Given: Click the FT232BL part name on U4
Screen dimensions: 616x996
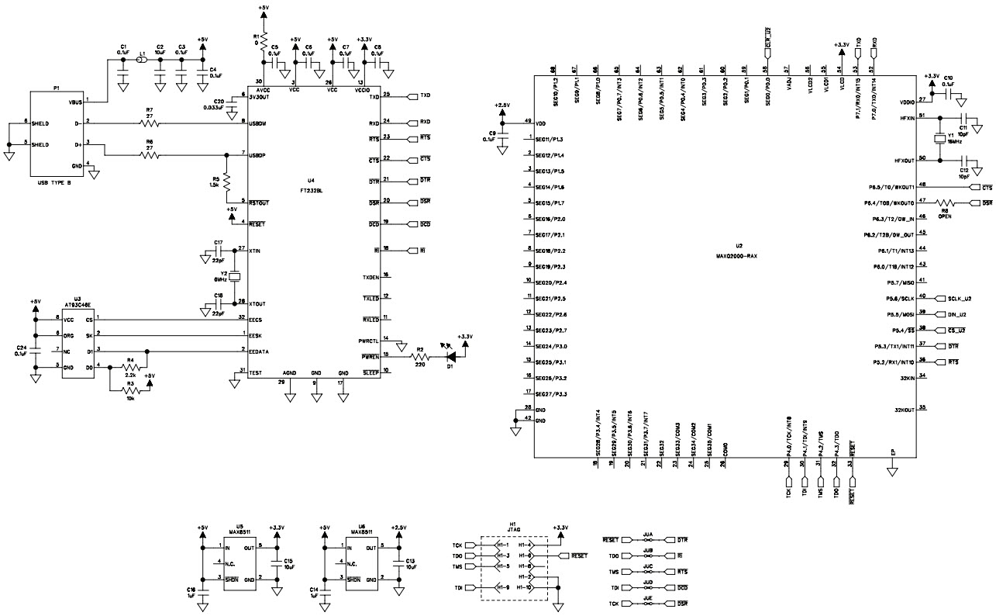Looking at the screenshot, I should coord(313,188).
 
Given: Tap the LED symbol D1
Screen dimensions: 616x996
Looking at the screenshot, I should coord(449,357).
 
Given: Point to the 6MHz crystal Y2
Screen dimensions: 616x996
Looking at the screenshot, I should coord(237,277).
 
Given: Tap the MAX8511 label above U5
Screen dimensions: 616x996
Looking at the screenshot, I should coord(240,531).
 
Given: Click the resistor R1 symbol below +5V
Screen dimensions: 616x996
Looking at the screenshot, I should coord(263,40).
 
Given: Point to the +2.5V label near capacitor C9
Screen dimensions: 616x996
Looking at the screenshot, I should coord(502,106).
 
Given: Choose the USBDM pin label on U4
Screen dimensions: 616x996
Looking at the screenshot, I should coord(260,123).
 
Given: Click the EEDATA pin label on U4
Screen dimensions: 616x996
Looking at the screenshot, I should coord(260,351).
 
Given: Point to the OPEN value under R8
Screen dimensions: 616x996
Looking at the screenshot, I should coord(945,216).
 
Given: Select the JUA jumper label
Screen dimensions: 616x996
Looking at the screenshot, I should coord(648,535).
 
